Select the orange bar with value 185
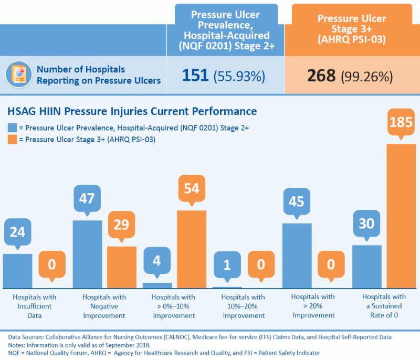coord(401,215)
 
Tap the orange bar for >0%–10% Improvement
coord(192,249)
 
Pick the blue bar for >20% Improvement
coord(297,255)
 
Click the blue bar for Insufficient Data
coord(17,270)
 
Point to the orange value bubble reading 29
coord(121,225)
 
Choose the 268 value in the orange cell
coord(321,76)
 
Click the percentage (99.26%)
coord(367,77)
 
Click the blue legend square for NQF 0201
coord(12,128)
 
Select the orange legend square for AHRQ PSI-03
coord(12,139)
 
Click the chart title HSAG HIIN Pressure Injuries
coord(132,111)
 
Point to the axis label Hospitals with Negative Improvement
coord(104,306)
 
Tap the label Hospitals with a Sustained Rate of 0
coord(383,306)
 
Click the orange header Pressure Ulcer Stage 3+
coord(352,29)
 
